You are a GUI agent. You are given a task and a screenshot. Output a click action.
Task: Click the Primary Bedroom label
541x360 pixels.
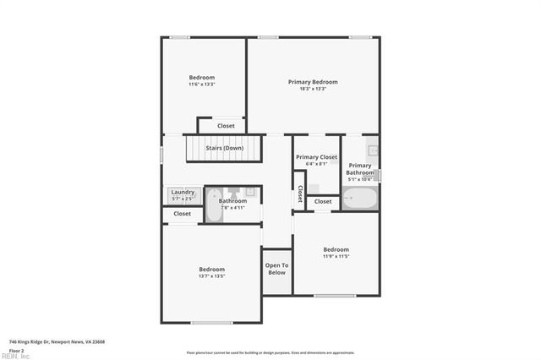(x=313, y=82)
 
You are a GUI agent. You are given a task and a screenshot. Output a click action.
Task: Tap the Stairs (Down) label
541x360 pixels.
(x=225, y=148)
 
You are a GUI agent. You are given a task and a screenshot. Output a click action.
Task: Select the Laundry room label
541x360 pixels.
(x=183, y=193)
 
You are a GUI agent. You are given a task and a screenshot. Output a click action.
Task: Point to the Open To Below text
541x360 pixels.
(x=276, y=269)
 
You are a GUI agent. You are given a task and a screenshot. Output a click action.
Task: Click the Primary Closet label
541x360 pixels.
(x=316, y=157)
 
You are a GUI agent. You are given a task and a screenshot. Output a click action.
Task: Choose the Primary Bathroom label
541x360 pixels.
(x=360, y=169)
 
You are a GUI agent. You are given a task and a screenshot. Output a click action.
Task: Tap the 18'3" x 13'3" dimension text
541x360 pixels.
(x=313, y=89)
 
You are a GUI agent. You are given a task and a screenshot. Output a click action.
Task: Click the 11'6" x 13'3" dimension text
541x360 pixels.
(x=202, y=84)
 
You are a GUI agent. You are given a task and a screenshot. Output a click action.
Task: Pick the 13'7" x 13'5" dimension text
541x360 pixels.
(x=211, y=275)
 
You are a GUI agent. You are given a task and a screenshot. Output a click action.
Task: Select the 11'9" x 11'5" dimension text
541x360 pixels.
(x=336, y=256)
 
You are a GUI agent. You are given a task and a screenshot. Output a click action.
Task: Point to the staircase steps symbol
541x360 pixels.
(x=225, y=152)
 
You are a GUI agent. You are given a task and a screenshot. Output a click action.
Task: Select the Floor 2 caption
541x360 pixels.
(x=17, y=350)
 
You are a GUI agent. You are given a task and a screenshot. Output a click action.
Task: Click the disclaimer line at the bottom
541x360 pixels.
(x=270, y=352)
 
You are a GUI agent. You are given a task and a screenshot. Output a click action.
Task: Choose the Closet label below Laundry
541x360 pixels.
(x=183, y=214)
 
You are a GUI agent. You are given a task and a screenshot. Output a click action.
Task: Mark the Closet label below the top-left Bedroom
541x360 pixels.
(x=226, y=126)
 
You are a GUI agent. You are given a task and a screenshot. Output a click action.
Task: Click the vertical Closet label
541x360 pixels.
(x=299, y=194)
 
